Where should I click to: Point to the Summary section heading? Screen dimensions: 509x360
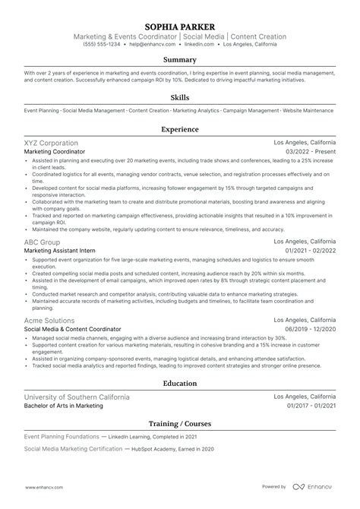(x=180, y=59)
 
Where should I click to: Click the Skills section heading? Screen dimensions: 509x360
(x=180, y=97)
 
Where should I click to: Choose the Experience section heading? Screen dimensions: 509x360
(x=180, y=129)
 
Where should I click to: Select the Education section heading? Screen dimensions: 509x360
(x=180, y=384)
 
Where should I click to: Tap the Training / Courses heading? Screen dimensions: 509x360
(x=180, y=422)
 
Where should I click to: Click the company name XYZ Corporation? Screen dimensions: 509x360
(x=50, y=143)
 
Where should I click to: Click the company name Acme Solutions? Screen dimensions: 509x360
(x=49, y=321)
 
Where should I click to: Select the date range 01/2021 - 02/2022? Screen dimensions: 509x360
(x=309, y=251)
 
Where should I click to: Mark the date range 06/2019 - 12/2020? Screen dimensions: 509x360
(x=309, y=330)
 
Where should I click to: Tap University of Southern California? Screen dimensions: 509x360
(x=77, y=397)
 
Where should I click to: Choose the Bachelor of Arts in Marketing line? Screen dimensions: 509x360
(x=63, y=406)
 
